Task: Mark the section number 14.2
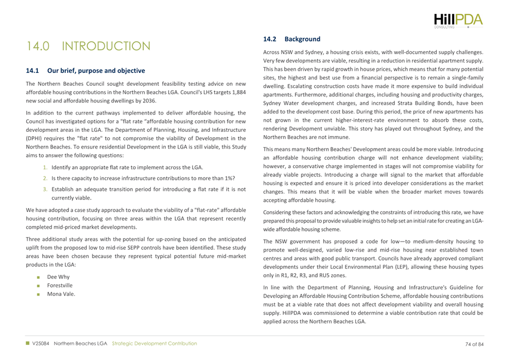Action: pos(270,40)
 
